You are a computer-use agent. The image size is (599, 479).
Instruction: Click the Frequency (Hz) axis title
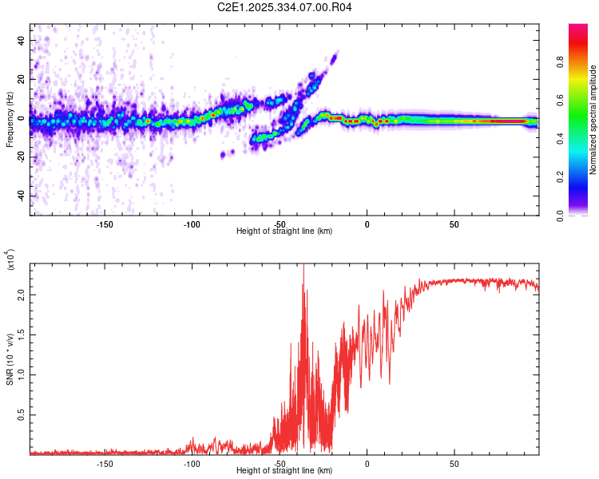[10, 121]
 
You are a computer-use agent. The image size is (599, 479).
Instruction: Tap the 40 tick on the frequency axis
[21, 40]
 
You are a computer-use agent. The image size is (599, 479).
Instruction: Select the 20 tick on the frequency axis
[21, 79]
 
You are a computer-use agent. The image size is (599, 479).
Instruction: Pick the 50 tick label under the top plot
[454, 224]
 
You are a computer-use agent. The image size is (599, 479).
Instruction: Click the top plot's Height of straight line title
[284, 232]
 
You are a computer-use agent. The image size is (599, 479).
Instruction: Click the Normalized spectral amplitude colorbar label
[593, 121]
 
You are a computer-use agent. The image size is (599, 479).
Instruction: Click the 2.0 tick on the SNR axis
[21, 295]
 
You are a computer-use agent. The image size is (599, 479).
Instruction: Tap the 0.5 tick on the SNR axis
[21, 415]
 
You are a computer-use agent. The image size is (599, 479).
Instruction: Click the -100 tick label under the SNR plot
[192, 463]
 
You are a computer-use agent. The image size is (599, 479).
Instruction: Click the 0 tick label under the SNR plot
[367, 463]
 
